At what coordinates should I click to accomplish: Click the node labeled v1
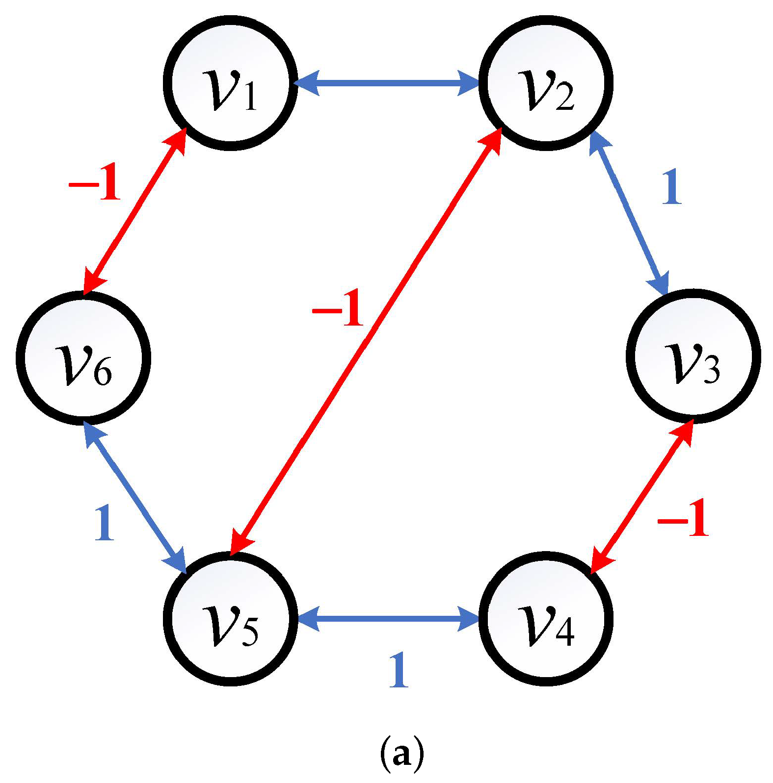pos(230,83)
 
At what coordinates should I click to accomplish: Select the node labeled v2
pos(546,83)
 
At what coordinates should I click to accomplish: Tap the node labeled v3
pos(693,355)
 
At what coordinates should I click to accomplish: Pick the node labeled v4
pos(546,619)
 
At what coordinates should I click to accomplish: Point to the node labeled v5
pos(230,619)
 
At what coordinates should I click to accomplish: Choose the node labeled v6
pos(83,357)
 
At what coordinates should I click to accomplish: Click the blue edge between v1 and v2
pos(388,83)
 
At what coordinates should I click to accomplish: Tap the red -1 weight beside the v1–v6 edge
pos(95,184)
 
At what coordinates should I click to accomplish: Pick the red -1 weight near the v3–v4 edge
pos(683,518)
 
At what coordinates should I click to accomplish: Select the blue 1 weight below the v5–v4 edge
pos(398,670)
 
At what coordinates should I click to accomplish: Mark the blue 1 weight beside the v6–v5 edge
pos(104,523)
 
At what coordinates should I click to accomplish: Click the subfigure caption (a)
pos(401,754)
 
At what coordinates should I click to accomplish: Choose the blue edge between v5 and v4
pos(388,619)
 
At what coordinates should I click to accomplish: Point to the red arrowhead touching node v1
pos(177,140)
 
